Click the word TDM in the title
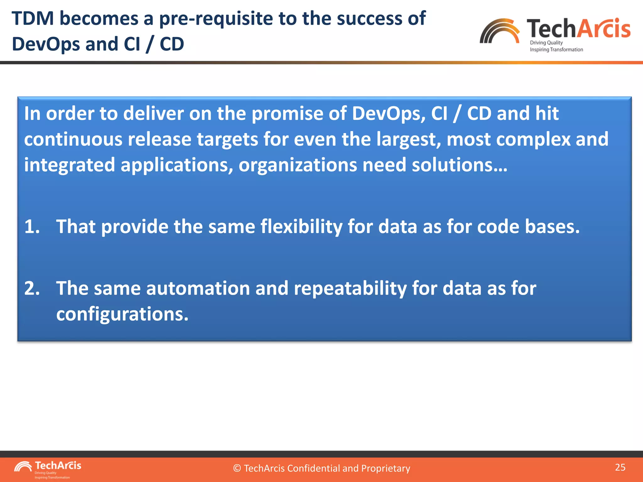pyautogui.click(x=33, y=18)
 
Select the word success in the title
pyautogui.click(x=369, y=18)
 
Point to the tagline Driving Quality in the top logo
pyautogui.click(x=546, y=43)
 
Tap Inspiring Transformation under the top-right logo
pyautogui.click(x=556, y=50)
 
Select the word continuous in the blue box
pyautogui.click(x=73, y=139)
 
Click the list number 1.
pyautogui.click(x=32, y=227)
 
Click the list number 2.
pyautogui.click(x=32, y=288)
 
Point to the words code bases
pyautogui.click(x=528, y=227)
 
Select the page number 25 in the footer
pyautogui.click(x=620, y=467)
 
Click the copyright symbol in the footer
pyautogui.click(x=237, y=469)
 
